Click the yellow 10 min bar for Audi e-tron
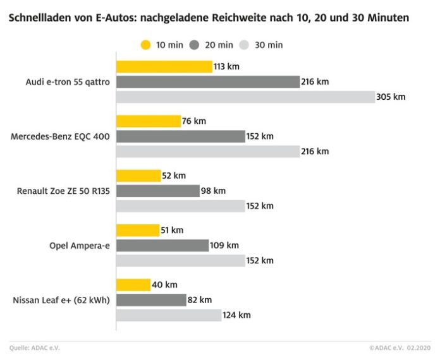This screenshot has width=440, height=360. [164, 67]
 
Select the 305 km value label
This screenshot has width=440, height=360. [391, 97]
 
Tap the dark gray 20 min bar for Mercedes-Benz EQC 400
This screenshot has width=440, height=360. [180, 136]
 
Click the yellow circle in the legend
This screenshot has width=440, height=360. [145, 45]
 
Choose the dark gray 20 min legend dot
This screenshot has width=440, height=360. [195, 45]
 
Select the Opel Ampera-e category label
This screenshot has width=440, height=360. [80, 245]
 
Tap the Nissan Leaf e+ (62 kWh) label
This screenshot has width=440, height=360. [61, 299]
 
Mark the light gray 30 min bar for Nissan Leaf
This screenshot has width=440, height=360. [169, 315]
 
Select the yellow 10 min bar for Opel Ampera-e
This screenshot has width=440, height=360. [138, 231]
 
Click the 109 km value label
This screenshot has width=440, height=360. [224, 245]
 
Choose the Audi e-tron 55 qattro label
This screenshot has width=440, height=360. [68, 82]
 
